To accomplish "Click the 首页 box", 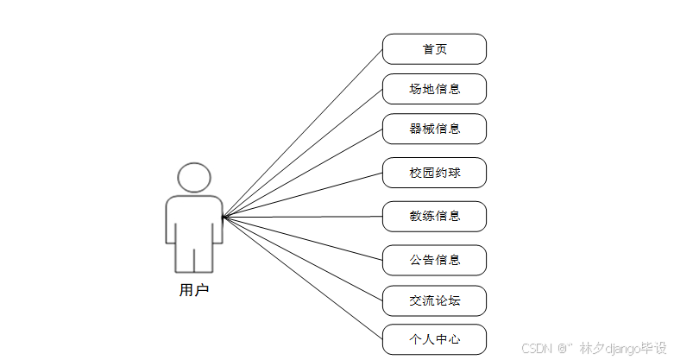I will click(x=434, y=49).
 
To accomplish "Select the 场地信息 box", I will click(x=434, y=89).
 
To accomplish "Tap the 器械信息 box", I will click(x=434, y=129).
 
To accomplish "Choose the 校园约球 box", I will click(x=434, y=173).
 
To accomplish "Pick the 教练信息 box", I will click(x=434, y=216).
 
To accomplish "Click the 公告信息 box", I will click(x=434, y=260).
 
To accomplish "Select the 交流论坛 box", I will click(x=434, y=300).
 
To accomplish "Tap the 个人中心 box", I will click(x=434, y=338).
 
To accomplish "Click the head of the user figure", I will click(x=194, y=178).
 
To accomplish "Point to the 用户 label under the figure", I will click(x=193, y=290).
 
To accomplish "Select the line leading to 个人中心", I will click(x=302, y=277).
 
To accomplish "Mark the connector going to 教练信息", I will click(x=302, y=217).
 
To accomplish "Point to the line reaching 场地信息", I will click(x=302, y=153).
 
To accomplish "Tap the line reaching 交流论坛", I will click(x=302, y=258).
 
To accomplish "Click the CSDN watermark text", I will click(x=537, y=348).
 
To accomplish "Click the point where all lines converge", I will click(x=223, y=217).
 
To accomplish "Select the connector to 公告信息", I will click(x=302, y=237).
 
